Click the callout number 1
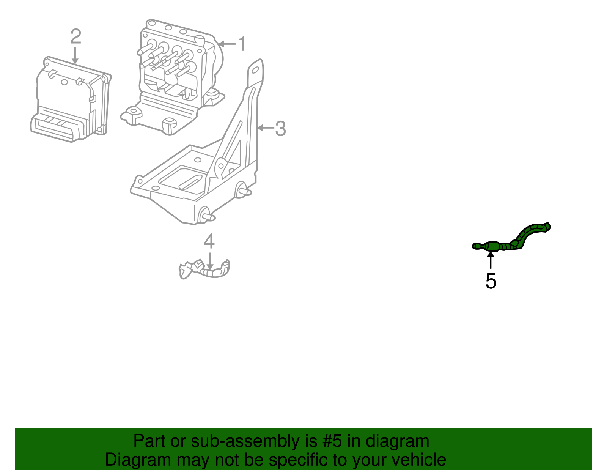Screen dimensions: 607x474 coord(242,44)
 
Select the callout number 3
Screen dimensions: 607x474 coord(280,129)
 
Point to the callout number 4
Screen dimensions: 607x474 coord(209,242)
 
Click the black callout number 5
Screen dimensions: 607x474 coord(491,281)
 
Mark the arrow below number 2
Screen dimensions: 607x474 coord(75,55)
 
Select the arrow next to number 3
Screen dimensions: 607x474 coord(265,128)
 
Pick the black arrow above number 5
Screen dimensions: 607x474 coord(491,260)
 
